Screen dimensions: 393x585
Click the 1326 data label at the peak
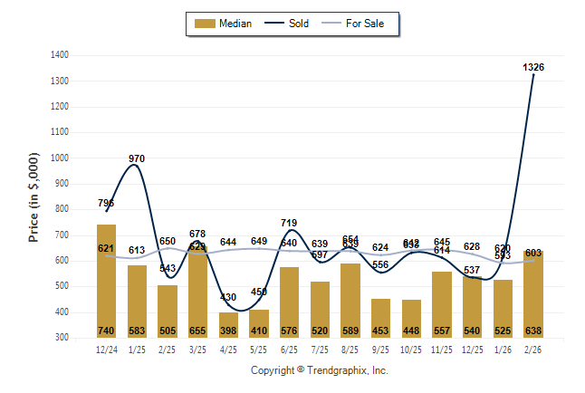click(x=533, y=68)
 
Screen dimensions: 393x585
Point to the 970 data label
click(x=137, y=159)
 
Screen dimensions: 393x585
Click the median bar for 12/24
click(x=106, y=281)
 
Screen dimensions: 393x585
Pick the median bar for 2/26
click(x=533, y=294)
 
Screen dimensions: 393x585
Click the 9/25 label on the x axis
click(x=381, y=348)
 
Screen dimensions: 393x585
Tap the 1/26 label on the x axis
click(x=503, y=348)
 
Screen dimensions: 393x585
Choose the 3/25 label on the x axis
click(x=197, y=348)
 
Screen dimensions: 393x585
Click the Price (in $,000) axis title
click(x=34, y=196)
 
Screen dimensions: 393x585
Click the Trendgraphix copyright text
click(x=319, y=370)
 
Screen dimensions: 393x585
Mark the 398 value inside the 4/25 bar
click(x=228, y=331)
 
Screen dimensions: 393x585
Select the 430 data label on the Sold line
click(x=228, y=297)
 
